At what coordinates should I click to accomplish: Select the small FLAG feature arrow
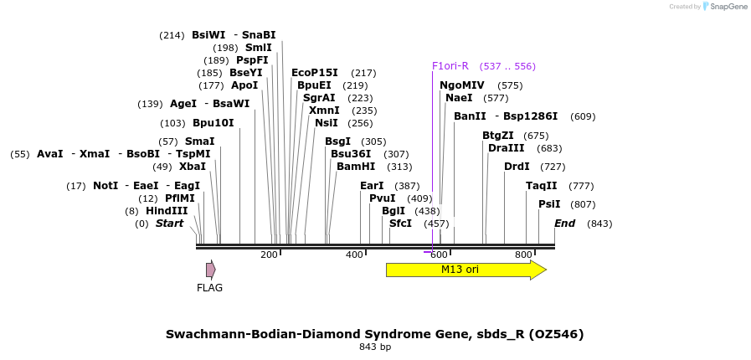tap(211, 270)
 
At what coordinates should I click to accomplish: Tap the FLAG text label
tap(209, 288)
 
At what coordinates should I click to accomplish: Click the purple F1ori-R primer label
tap(450, 66)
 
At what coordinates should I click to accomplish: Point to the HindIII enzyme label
tap(167, 211)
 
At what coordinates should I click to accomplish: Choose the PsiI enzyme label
tap(549, 204)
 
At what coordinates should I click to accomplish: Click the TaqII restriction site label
tap(541, 186)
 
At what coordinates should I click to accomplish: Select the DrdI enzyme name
tap(517, 167)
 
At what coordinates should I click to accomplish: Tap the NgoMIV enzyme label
tap(462, 85)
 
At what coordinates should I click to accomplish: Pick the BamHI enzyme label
tap(357, 167)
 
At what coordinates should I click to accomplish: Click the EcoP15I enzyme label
tap(315, 73)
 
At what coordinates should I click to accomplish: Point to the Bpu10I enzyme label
tap(213, 123)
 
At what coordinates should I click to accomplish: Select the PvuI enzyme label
tap(383, 198)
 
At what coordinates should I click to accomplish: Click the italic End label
tap(565, 224)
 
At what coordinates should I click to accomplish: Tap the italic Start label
tap(169, 224)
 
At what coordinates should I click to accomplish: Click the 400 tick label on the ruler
tap(354, 255)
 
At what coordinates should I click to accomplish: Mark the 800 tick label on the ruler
tap(523, 255)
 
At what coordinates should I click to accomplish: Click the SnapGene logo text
tap(725, 7)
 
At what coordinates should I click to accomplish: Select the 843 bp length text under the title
tap(375, 347)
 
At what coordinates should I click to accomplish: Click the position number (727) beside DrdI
tap(553, 167)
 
